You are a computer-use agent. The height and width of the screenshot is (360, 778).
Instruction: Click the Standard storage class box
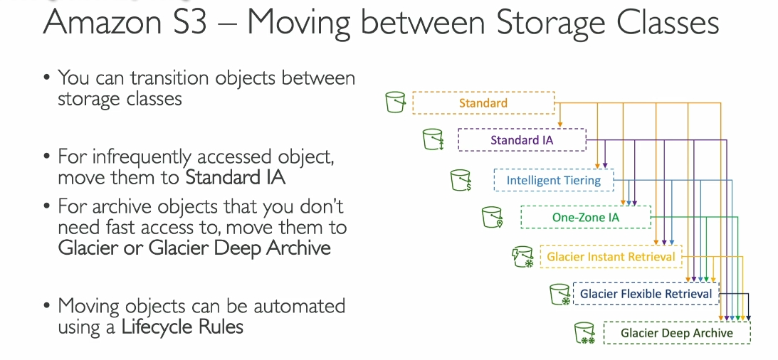coord(483,103)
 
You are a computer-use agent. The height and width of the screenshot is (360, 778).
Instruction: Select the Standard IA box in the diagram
coord(522,140)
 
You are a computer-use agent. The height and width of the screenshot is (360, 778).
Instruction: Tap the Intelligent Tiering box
coord(554,180)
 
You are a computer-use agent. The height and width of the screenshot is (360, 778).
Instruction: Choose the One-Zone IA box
coord(586,217)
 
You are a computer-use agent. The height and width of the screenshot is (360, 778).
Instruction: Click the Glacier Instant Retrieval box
coord(611,257)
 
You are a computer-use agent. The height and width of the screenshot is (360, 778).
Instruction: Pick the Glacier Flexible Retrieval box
coord(646,294)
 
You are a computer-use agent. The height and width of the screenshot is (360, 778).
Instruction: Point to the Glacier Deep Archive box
coord(677,332)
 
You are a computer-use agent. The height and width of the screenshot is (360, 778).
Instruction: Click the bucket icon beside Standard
coord(396,102)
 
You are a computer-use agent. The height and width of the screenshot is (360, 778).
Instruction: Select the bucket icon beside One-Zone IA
coord(492,217)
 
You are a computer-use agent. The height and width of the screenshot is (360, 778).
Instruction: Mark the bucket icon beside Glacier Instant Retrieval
coord(523,257)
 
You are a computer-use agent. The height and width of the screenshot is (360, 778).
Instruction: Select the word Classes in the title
coord(662,22)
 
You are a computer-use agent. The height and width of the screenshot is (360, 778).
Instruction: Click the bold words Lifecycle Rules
coord(182,327)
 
